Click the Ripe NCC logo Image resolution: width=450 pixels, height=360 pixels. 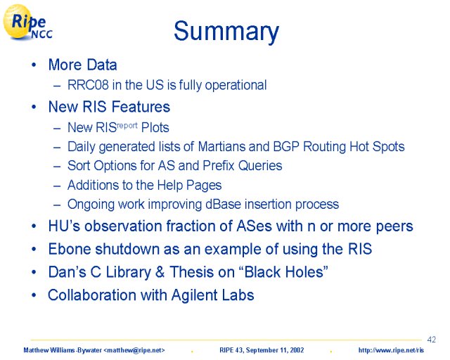(28, 22)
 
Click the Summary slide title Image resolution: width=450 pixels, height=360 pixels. (226, 32)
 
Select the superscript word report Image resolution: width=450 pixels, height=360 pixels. (127, 126)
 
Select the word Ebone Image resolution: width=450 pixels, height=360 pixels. (70, 249)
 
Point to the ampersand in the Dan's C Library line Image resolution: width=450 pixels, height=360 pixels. (160, 272)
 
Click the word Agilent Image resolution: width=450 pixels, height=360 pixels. (194, 295)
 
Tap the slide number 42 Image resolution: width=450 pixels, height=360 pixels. (431, 340)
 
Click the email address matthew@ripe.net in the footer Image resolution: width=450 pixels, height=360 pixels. (134, 350)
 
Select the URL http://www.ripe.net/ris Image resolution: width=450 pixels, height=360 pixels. (391, 350)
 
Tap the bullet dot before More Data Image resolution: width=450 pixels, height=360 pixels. (34, 65)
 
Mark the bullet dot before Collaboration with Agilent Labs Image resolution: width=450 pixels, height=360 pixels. (34, 295)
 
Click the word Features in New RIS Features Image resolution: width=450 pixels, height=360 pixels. (141, 107)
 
